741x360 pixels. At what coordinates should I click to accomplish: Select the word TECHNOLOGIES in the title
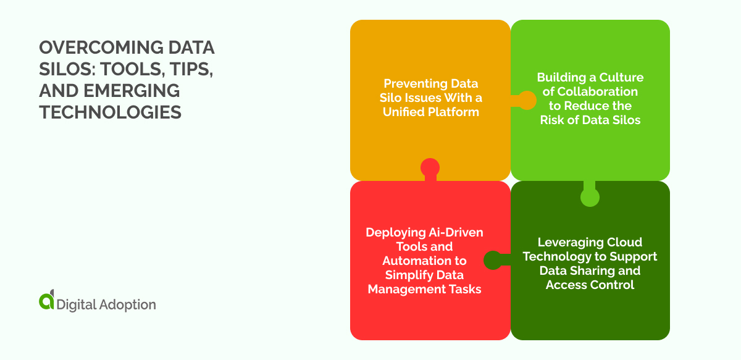click(111, 112)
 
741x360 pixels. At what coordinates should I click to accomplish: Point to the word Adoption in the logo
click(127, 304)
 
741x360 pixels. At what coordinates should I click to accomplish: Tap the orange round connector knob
click(527, 100)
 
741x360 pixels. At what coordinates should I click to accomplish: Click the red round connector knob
click(430, 167)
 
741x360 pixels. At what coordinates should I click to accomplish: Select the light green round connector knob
click(590, 197)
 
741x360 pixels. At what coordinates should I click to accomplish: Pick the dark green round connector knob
click(492, 261)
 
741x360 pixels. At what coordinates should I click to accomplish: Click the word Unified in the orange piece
click(404, 112)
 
